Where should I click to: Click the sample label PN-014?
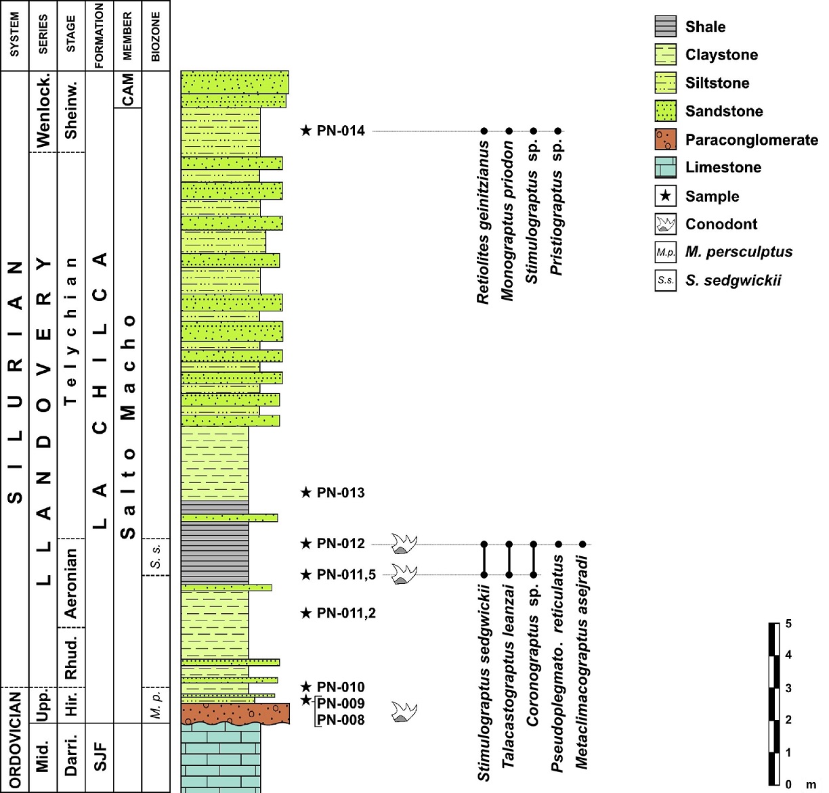[x=341, y=131]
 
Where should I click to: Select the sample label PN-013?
[x=341, y=493]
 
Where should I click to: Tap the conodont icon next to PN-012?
[x=404, y=543]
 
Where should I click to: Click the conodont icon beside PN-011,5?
[x=404, y=574]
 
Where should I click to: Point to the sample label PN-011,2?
[x=346, y=613]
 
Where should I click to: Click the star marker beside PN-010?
[x=306, y=687]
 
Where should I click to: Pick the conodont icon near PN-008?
[x=404, y=712]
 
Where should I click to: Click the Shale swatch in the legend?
[x=665, y=26]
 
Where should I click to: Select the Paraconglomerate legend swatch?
[x=665, y=139]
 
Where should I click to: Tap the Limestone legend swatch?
[x=665, y=167]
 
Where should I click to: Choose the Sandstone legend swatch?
[x=665, y=111]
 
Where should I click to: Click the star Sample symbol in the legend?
[x=665, y=196]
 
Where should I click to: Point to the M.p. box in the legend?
[x=665, y=252]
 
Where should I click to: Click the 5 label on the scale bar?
[x=788, y=623]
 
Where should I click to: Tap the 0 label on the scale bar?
[x=788, y=784]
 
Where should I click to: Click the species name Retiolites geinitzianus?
[x=484, y=222]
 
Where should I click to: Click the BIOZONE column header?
[x=156, y=36]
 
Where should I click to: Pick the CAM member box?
[x=127, y=89]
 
